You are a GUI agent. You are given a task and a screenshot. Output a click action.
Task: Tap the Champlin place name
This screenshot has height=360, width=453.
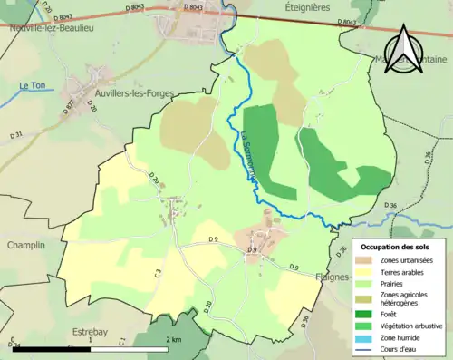[25, 246]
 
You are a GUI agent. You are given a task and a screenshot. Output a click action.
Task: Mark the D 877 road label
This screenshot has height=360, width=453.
[68, 104]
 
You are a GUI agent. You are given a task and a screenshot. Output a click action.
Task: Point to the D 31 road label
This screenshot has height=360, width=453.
[16, 135]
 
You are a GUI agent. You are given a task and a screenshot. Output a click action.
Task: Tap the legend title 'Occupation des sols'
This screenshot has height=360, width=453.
[395, 247]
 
